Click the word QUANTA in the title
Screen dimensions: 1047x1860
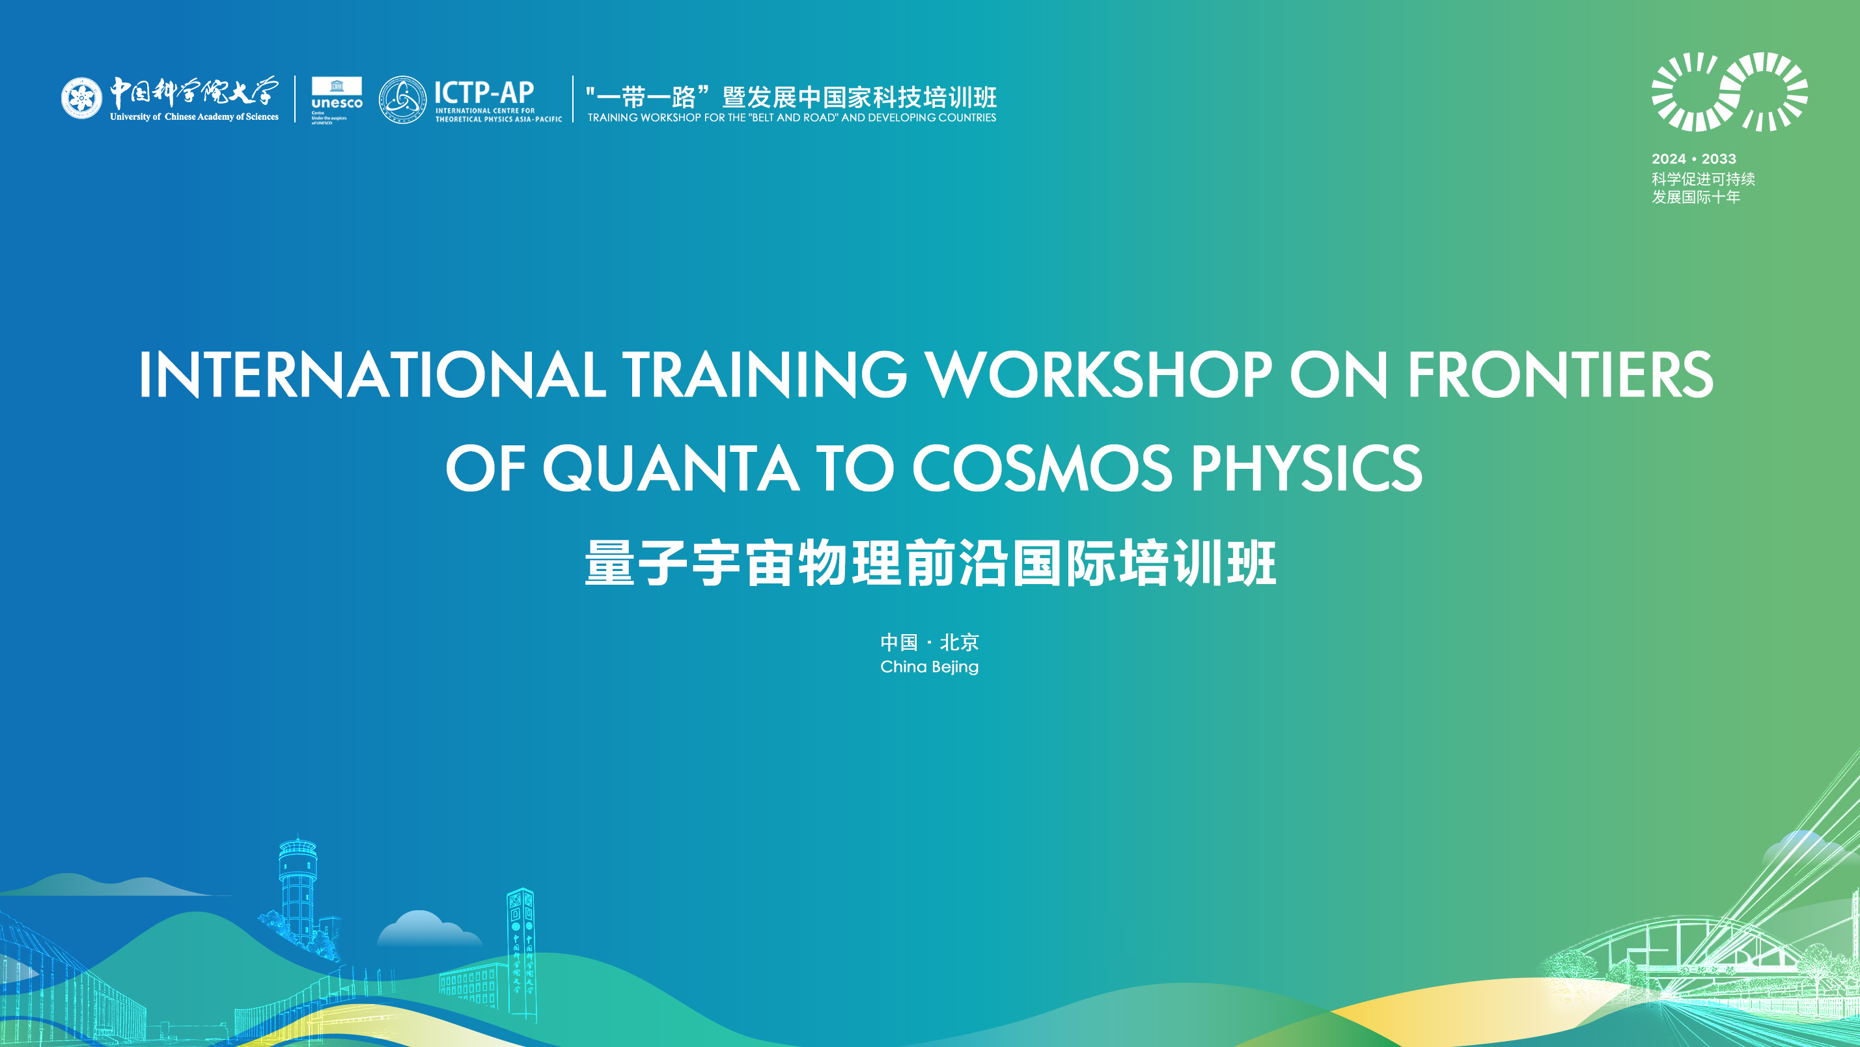pos(671,469)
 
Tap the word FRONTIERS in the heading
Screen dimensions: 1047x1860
pos(1560,375)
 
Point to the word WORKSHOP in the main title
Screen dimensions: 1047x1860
pos(1098,375)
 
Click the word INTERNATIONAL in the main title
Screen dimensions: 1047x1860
pos(372,375)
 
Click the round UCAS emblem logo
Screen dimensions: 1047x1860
pos(81,98)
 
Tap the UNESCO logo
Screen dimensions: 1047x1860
pos(337,100)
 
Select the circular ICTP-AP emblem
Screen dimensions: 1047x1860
pos(402,100)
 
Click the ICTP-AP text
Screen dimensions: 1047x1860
pos(484,92)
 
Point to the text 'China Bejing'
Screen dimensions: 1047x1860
pos(929,667)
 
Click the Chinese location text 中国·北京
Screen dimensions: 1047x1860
pos(929,642)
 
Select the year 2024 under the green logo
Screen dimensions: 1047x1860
pos(1668,159)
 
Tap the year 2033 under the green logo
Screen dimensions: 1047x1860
pos(1719,159)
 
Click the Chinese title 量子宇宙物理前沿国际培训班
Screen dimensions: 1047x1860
pos(930,563)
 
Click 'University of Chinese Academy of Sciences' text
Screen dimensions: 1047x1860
pos(194,117)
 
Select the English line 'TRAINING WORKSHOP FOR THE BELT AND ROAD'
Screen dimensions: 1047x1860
pos(792,118)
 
